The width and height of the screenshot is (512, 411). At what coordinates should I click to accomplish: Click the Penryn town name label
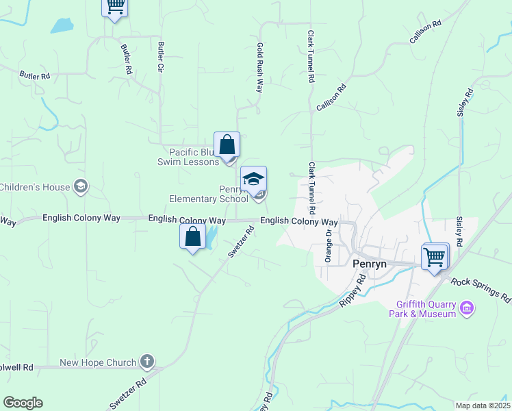click(370, 263)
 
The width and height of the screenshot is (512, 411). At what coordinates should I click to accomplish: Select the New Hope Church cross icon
click(146, 362)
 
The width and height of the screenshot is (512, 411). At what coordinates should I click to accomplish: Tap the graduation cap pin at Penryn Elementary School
click(253, 180)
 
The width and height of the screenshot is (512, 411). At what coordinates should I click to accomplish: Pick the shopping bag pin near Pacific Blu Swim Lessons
click(227, 145)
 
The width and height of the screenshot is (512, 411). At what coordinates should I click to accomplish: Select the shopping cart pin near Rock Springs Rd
click(435, 258)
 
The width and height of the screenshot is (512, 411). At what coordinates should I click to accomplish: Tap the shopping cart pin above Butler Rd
click(115, 7)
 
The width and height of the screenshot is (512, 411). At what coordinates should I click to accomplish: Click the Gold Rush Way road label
click(260, 67)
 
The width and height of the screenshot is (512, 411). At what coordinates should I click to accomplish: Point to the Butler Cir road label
click(162, 60)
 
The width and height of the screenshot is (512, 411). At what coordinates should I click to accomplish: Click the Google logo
click(23, 403)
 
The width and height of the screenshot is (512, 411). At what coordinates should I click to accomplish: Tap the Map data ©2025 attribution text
click(483, 406)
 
